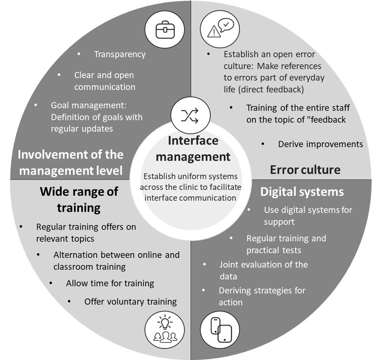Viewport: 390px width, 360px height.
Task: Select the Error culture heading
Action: point(305,169)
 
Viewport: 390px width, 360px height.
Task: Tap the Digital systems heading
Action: point(302,192)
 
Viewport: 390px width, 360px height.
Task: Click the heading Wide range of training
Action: point(79,199)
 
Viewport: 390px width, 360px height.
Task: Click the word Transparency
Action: point(120,54)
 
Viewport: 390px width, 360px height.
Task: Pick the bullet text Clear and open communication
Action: point(104,81)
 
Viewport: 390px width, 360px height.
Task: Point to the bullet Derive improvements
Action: point(320,144)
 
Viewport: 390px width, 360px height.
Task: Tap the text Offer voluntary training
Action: point(130,301)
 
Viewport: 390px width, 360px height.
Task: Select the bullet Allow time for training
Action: point(110,283)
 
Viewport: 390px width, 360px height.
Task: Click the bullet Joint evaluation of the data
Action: point(263,270)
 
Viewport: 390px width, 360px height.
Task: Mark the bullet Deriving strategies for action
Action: point(261,296)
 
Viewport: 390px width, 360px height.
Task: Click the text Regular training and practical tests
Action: point(286,244)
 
